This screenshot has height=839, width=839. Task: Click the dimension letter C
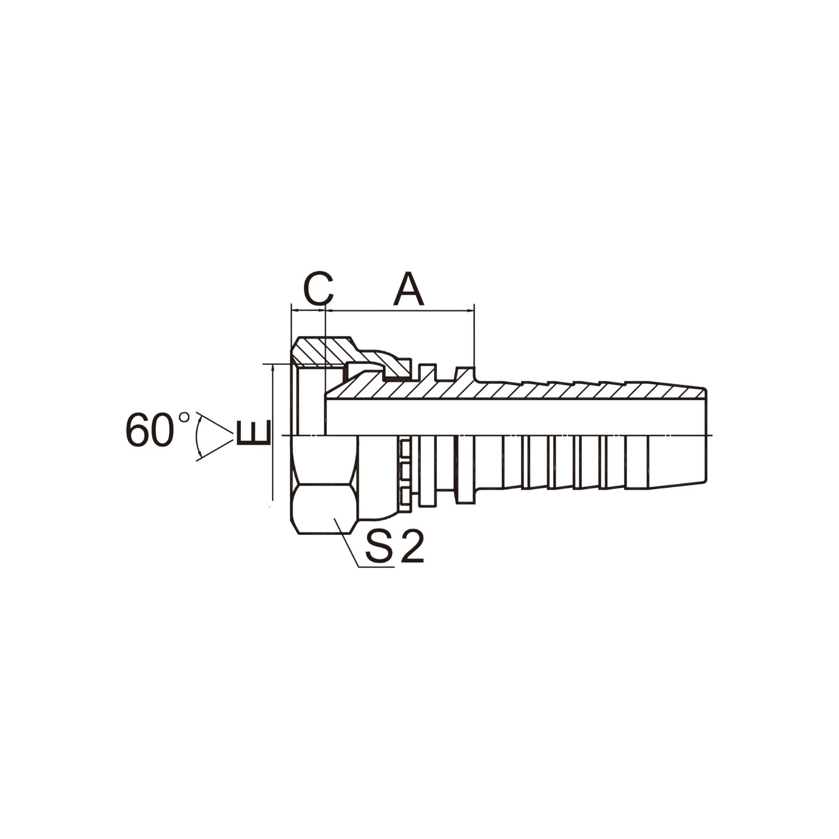click(318, 288)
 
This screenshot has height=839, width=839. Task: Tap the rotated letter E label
click(254, 433)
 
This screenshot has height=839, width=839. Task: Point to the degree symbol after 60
click(184, 417)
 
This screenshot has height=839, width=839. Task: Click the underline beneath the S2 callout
click(376, 567)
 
